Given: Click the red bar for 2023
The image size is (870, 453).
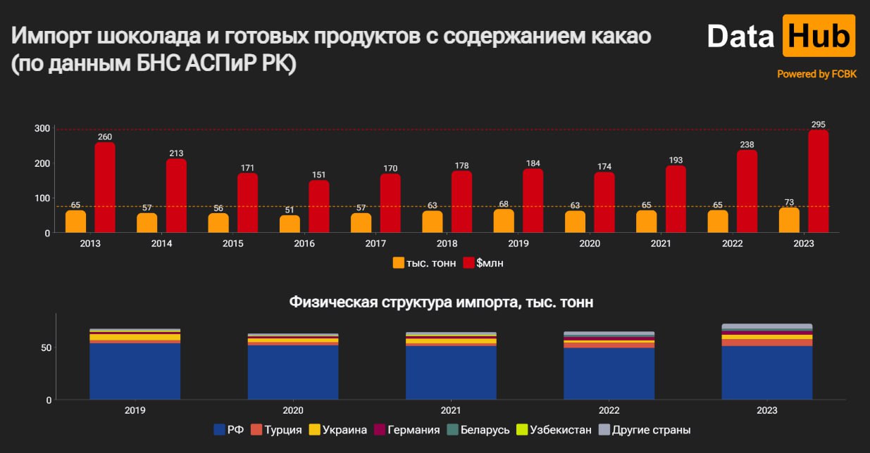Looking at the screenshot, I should tap(818, 181).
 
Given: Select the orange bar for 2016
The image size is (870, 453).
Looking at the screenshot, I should tap(290, 224).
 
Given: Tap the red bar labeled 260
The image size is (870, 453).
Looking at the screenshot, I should tap(105, 187).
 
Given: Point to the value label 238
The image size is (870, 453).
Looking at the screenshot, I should tap(747, 145).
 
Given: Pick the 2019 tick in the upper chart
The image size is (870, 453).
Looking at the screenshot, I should tap(518, 243).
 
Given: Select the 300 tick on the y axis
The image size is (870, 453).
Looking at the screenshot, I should tap(42, 129).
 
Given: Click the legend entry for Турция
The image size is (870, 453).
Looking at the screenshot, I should tap(278, 430).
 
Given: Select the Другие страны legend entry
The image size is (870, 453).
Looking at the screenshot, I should tap(645, 430).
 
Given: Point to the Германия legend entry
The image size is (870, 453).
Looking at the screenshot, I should tap(406, 430).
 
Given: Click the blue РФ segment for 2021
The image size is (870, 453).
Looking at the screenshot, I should tap(451, 373).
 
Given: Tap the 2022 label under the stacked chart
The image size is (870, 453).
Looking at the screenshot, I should tap(609, 410).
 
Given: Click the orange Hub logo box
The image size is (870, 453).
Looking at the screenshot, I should tap(819, 35).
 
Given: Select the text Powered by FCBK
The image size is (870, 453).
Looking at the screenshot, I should tap(816, 74).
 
